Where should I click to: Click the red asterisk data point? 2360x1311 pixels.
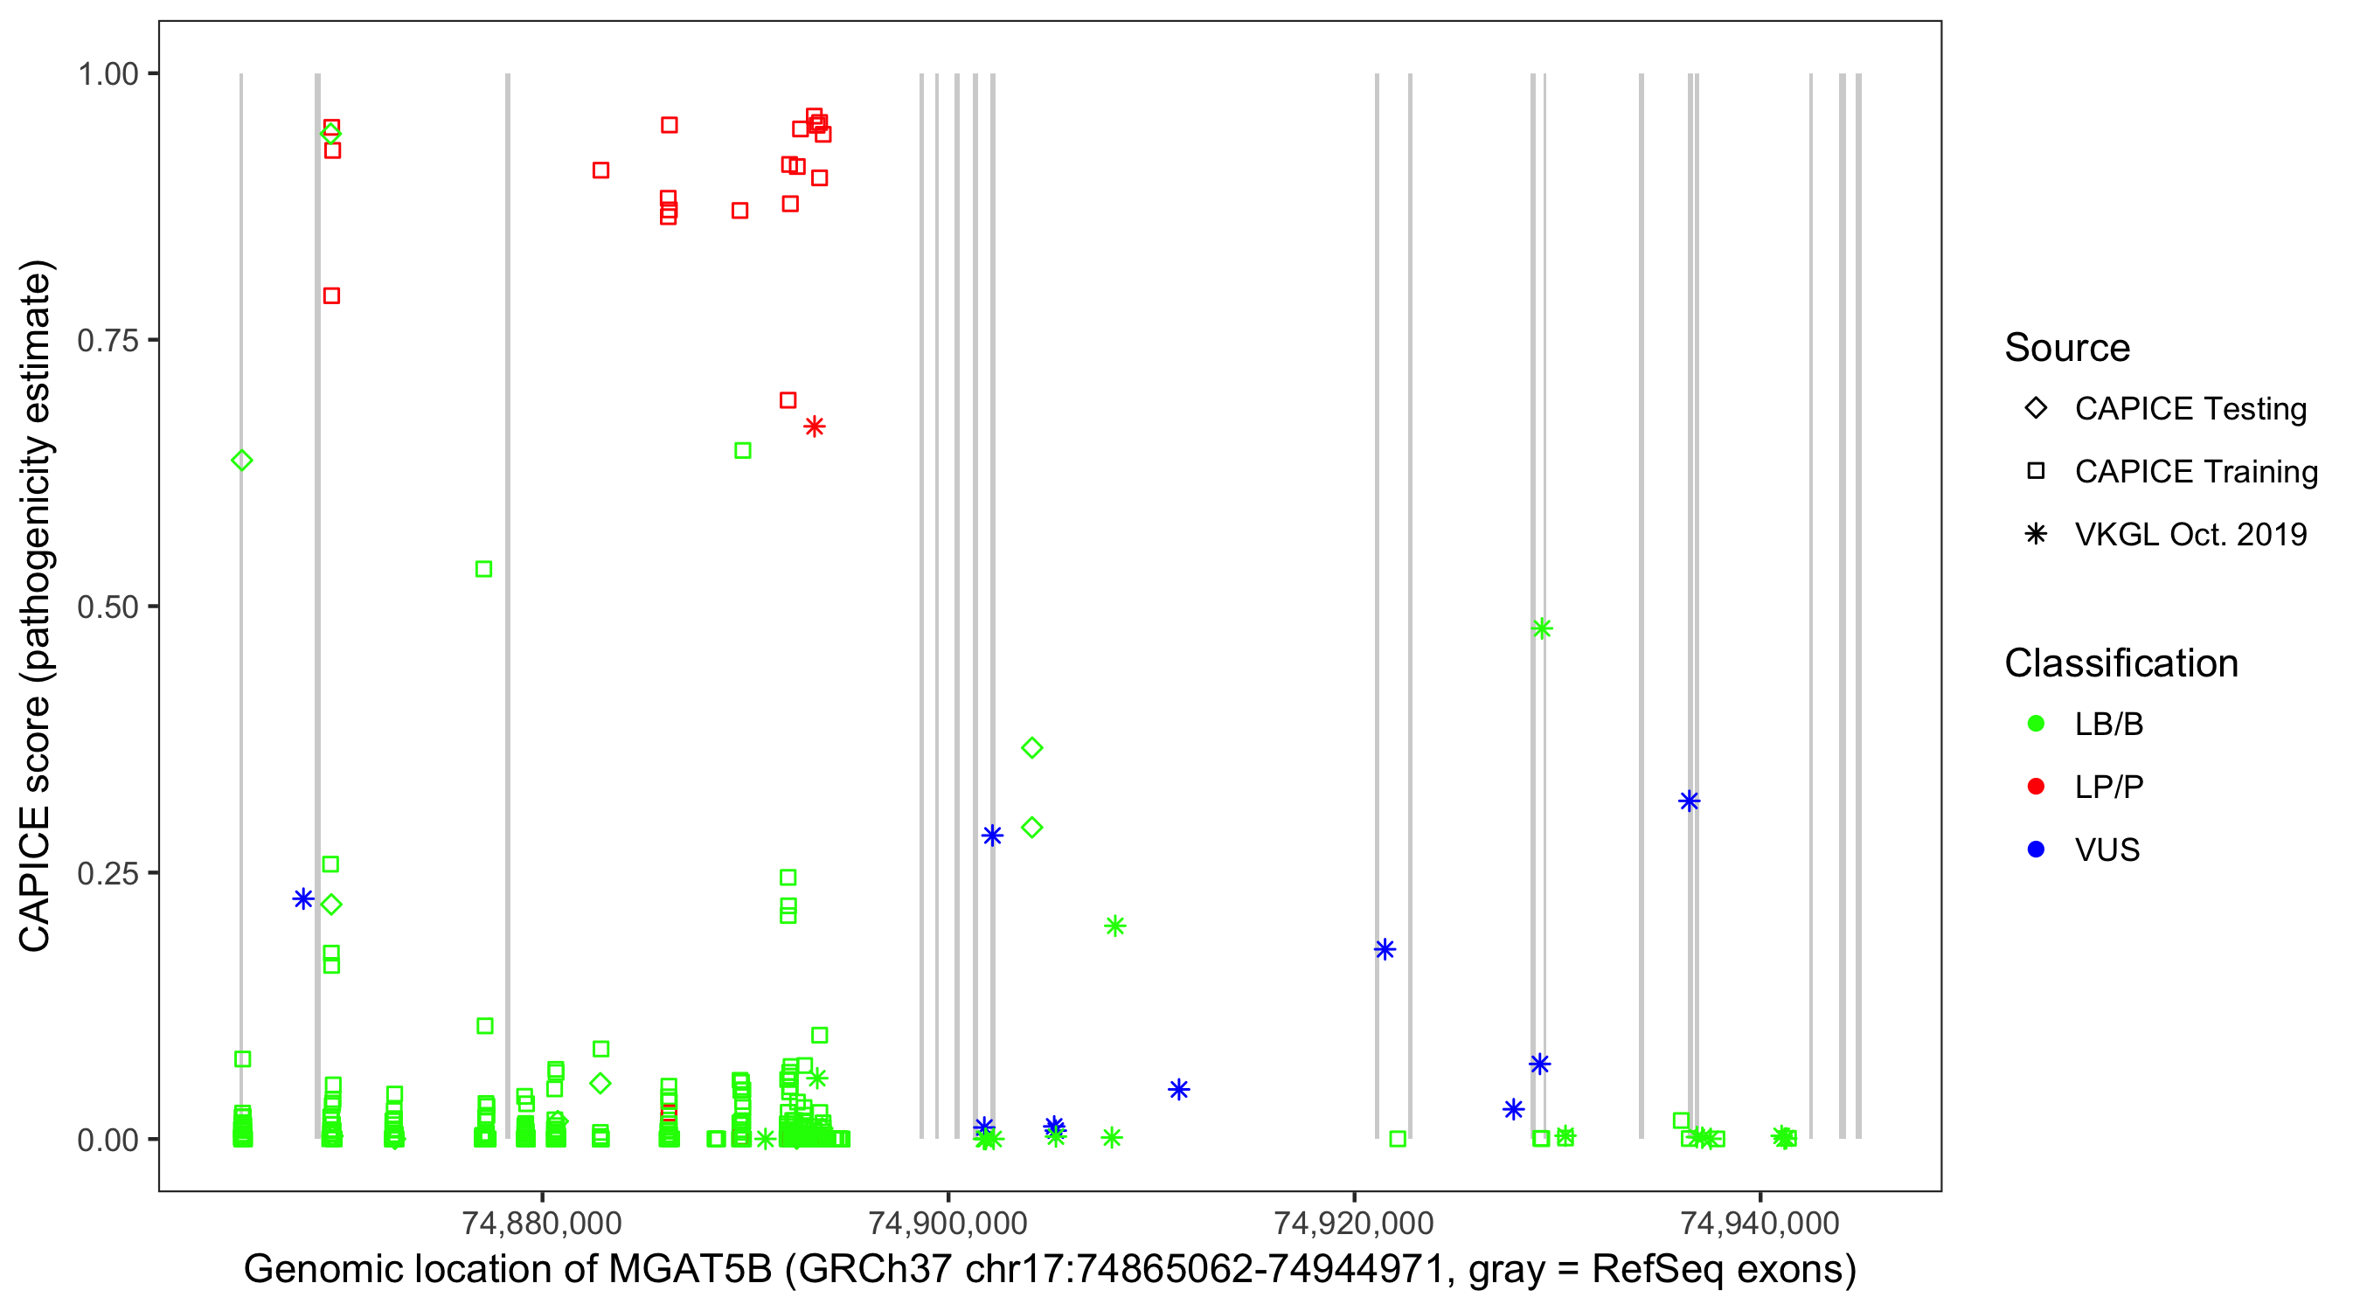(815, 427)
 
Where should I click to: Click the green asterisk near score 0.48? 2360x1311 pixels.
(1542, 628)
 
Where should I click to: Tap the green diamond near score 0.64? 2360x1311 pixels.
(242, 461)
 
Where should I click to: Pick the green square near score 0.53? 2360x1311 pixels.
(483, 570)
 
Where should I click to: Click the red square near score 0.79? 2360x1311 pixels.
(331, 296)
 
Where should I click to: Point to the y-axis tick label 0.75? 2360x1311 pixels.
(107, 341)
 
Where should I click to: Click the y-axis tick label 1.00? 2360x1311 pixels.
(107, 74)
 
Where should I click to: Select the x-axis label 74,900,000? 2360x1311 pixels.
(947, 1223)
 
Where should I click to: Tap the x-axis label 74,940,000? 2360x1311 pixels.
(1759, 1223)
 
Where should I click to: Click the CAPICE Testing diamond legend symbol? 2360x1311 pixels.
(2036, 409)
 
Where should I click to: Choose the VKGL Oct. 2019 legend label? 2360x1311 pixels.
(2190, 535)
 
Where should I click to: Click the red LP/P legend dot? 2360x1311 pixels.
(2036, 787)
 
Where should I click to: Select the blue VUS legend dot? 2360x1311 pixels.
(2036, 850)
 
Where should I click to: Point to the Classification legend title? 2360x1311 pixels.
(2121, 663)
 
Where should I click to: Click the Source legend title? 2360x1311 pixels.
(2067, 348)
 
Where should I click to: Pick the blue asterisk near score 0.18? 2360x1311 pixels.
(1385, 949)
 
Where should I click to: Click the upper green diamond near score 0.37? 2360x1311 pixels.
(1031, 748)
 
